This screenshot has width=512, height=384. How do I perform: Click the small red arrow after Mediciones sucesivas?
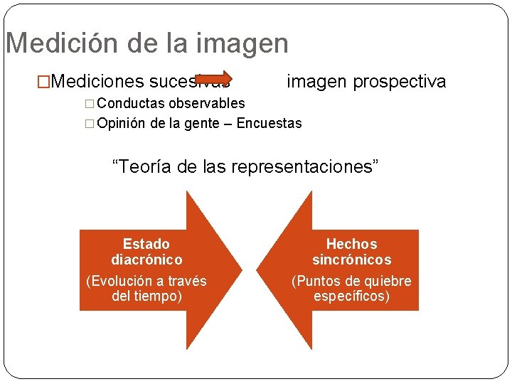213,78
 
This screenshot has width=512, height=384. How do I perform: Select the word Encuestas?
269,123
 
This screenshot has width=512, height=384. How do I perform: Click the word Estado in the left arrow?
146,244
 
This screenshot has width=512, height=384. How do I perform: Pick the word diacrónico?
146,260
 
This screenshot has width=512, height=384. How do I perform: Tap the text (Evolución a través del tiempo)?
146,288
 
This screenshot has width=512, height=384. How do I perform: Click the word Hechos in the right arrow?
351,244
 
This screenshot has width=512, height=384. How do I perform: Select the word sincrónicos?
351,260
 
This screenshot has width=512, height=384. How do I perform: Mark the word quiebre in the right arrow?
388,281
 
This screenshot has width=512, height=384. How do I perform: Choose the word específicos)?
351,296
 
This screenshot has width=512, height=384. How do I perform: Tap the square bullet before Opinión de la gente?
89,124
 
